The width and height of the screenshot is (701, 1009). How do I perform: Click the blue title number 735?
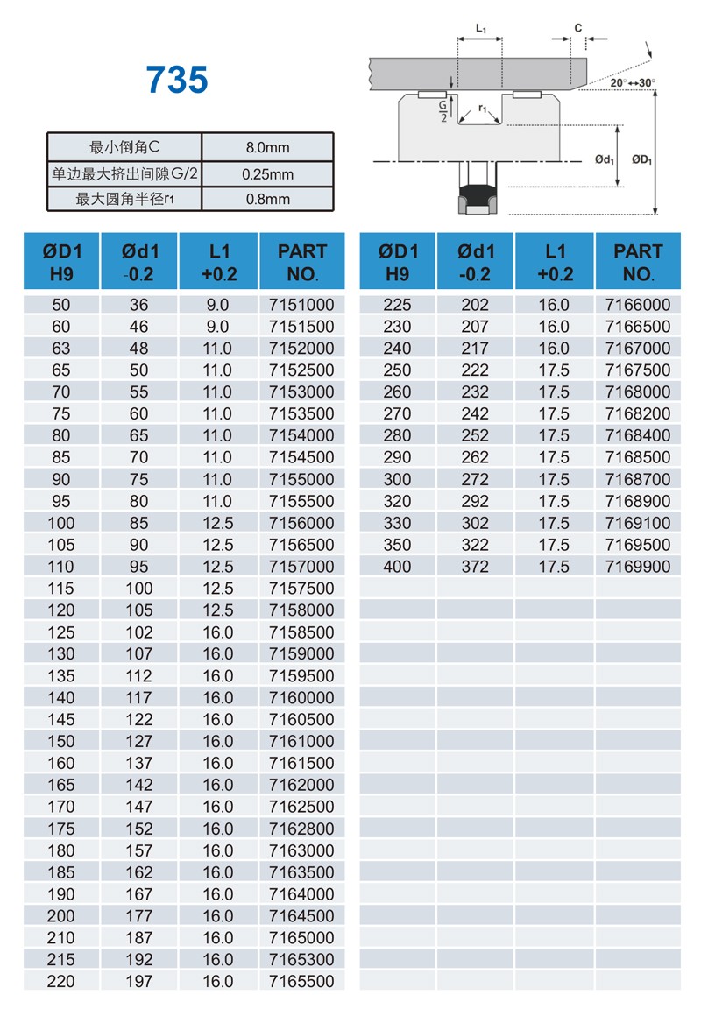pyautogui.click(x=177, y=81)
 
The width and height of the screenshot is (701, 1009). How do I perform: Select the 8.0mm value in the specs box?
pyautogui.click(x=267, y=147)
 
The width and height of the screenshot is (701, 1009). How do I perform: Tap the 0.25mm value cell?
pyautogui.click(x=267, y=173)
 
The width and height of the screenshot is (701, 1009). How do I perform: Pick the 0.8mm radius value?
pyautogui.click(x=267, y=199)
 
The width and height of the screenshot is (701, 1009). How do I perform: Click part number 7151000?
pyautogui.click(x=301, y=305)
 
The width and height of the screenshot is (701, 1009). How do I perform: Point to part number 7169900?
pyautogui.click(x=637, y=567)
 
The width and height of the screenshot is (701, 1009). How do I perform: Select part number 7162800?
pyautogui.click(x=301, y=829)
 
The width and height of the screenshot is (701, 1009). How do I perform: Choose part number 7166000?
pyautogui.click(x=637, y=305)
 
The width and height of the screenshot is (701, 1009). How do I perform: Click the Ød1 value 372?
pyautogui.click(x=476, y=567)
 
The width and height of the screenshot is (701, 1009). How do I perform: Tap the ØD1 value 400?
pyautogui.click(x=397, y=567)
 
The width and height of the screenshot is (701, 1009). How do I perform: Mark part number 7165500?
pyautogui.click(x=301, y=982)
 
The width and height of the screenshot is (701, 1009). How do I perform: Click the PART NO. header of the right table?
pyautogui.click(x=637, y=262)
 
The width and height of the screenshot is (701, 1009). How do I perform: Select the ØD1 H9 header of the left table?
pyautogui.click(x=61, y=262)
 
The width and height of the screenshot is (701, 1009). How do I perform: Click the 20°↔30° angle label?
pyautogui.click(x=633, y=82)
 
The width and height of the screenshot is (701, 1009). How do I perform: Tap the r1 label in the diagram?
pyautogui.click(x=483, y=109)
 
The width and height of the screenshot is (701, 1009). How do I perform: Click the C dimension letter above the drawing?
pyautogui.click(x=578, y=28)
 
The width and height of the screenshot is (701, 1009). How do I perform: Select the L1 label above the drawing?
pyautogui.click(x=481, y=28)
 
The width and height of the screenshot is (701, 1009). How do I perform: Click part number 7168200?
pyautogui.click(x=637, y=413)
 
